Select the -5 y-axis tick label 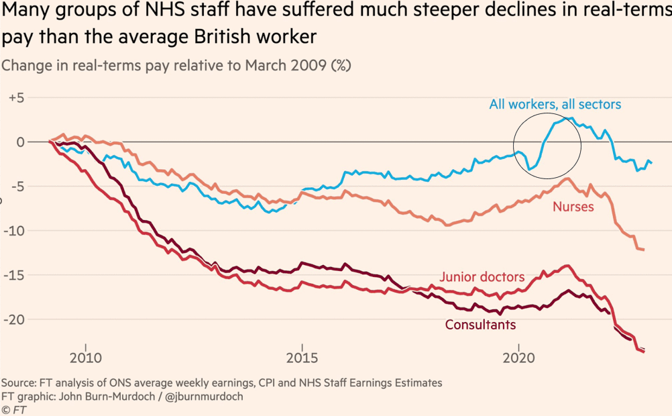(16, 187)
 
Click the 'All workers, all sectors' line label (555, 105)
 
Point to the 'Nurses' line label (573, 207)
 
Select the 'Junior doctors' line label (482, 277)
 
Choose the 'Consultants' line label (480, 325)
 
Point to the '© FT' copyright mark (14, 409)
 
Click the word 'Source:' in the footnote (19, 383)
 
